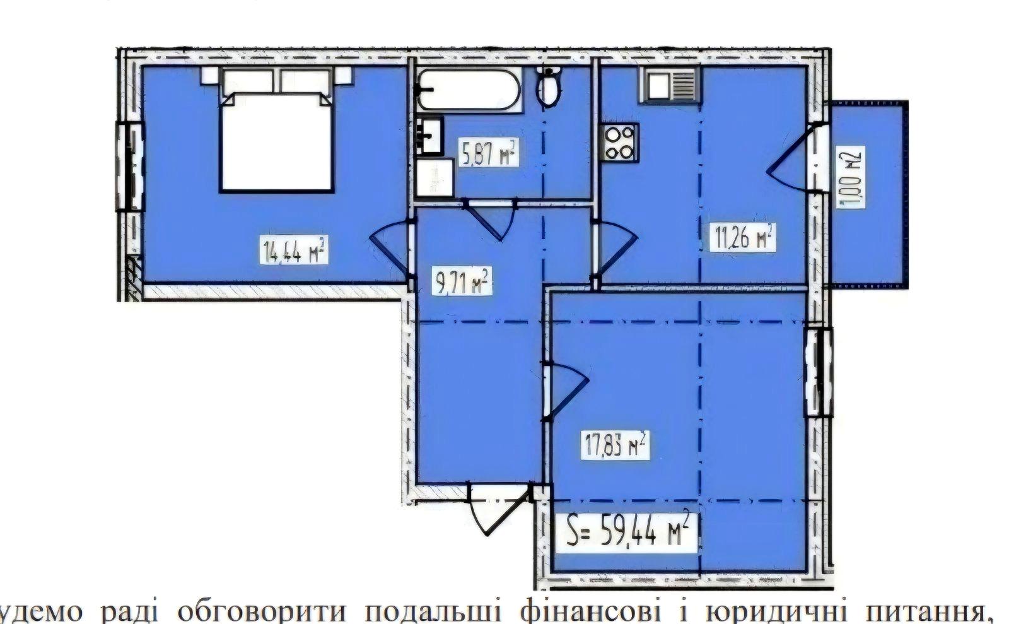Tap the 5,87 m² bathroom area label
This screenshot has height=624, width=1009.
(489, 153)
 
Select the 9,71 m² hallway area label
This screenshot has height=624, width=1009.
(462, 282)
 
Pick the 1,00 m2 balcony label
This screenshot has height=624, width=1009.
(851, 177)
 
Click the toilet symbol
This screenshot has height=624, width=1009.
(549, 88)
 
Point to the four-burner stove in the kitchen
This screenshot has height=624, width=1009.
(620, 143)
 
